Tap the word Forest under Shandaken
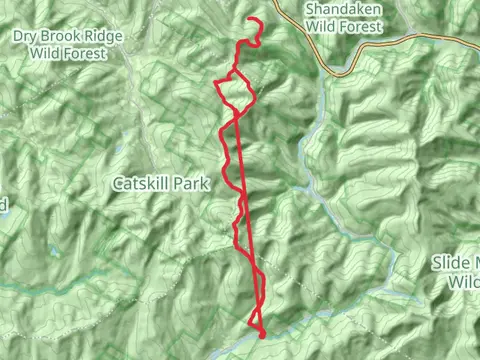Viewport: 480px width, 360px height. pos(362,28)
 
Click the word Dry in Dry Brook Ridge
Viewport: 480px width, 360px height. pos(26,36)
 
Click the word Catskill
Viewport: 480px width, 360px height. pos(139,184)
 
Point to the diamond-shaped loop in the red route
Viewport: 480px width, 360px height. pos(235,92)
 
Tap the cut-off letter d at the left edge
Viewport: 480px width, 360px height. pos(3,204)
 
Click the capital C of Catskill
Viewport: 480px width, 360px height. pos(117,184)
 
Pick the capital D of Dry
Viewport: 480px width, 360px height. pos(18,36)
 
